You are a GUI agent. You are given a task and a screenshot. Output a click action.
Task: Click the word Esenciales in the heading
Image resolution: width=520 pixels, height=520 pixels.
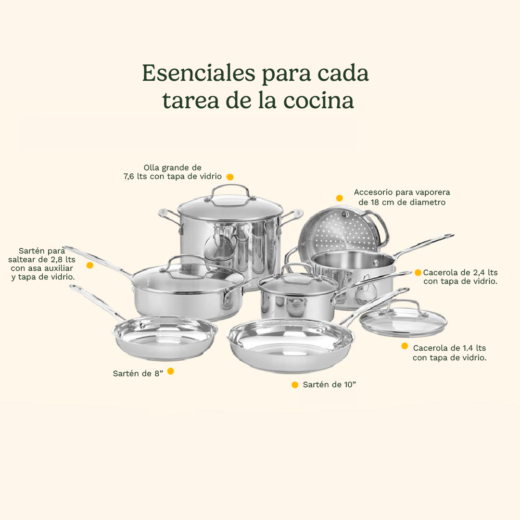pos(198,74)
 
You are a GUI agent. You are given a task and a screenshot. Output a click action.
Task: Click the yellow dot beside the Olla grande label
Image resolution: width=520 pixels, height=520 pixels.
pos(230,177)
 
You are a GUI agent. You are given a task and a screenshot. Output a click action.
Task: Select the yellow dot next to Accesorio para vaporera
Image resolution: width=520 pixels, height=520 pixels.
pos(339,198)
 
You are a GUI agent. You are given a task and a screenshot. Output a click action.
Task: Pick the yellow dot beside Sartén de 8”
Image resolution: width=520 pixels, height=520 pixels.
pos(170,371)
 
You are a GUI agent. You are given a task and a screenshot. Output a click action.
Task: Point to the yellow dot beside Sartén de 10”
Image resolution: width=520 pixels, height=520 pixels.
pos(295,385)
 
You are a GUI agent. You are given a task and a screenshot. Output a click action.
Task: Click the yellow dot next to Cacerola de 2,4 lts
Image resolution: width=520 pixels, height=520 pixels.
pos(418,273)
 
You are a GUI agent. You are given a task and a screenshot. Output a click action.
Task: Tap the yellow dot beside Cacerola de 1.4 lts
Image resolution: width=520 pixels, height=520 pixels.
pos(405,346)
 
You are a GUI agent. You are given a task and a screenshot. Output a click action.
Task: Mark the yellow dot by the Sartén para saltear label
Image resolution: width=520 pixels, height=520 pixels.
pos(89,265)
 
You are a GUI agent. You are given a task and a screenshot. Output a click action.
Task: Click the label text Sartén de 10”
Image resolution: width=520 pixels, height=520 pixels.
pos(329,385)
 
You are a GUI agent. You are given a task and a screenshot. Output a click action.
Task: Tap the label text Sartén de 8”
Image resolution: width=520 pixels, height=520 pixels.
pos(138,373)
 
